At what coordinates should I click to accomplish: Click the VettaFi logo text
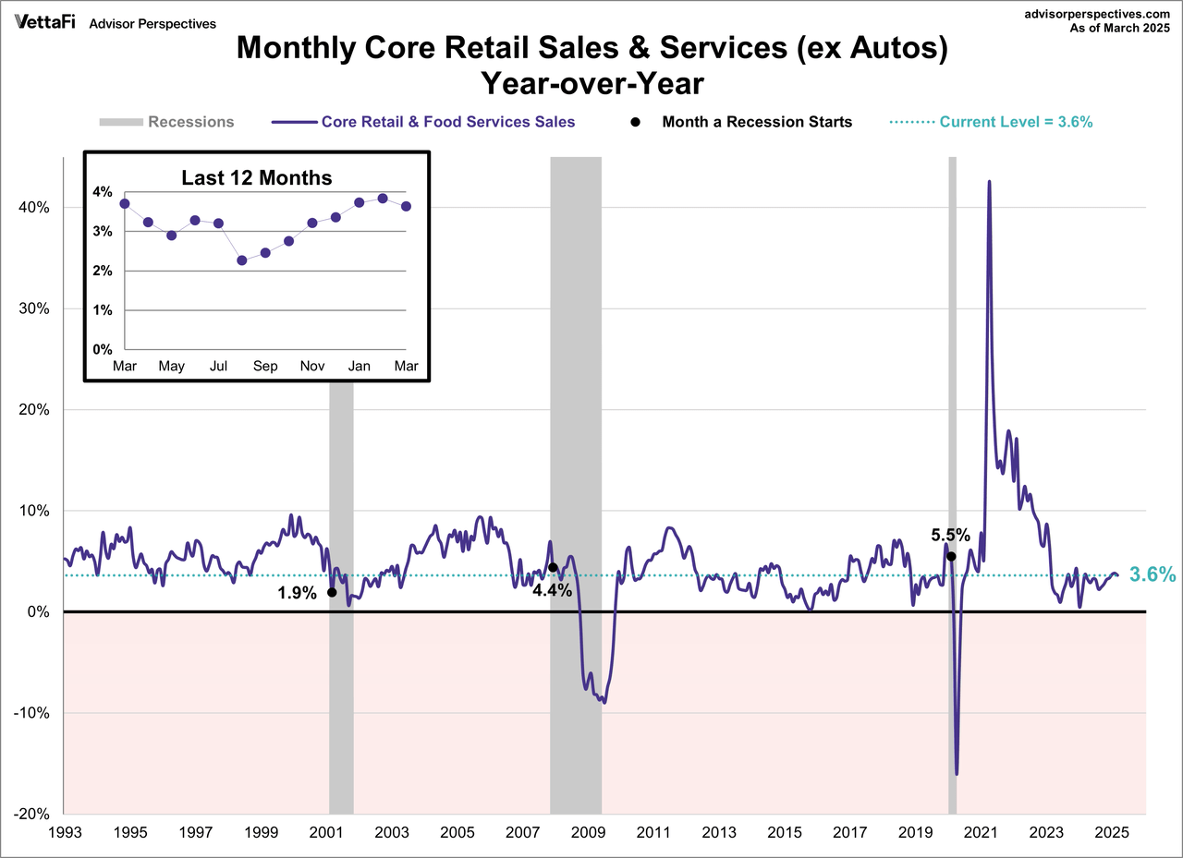click(x=45, y=22)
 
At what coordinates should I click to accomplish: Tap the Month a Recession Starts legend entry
click(x=757, y=122)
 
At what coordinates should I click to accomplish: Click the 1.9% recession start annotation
click(x=297, y=594)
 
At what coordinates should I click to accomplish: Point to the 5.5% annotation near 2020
click(x=950, y=535)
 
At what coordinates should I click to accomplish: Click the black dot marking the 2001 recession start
click(x=332, y=592)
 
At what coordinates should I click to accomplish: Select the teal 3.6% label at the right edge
click(x=1152, y=574)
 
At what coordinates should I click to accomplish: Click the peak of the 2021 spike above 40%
click(x=989, y=182)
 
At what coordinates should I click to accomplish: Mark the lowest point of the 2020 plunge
click(x=957, y=774)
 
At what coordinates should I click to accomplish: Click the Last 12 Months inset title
click(x=256, y=178)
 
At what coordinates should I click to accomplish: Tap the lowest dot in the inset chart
click(x=242, y=260)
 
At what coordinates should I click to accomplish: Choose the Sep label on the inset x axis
click(x=265, y=367)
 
